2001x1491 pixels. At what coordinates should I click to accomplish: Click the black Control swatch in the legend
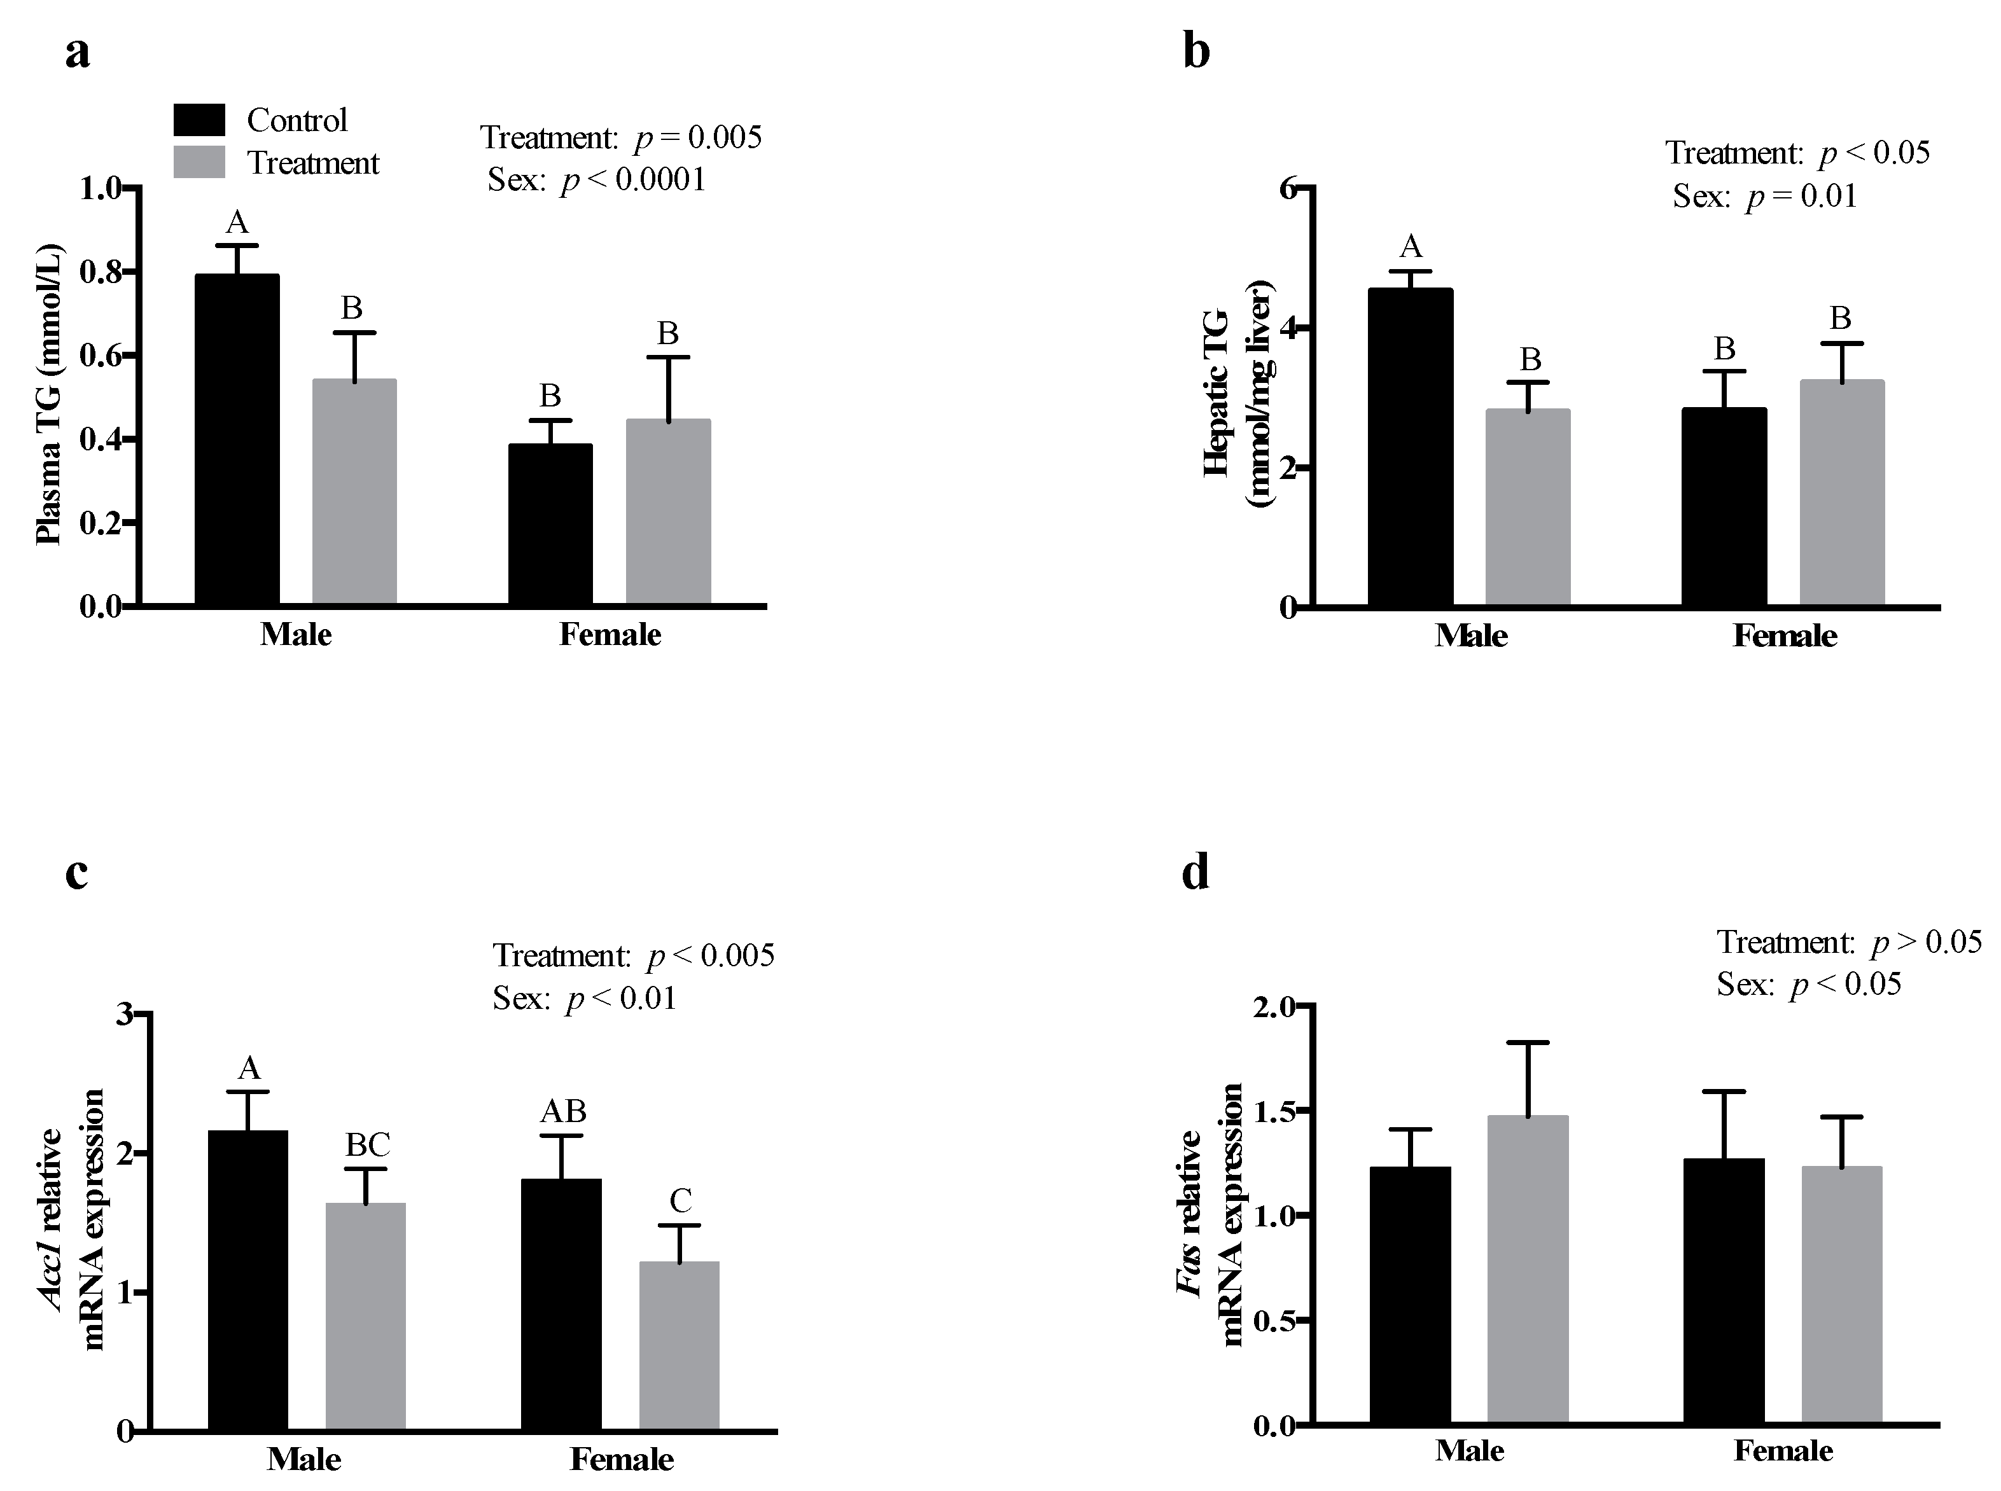(x=199, y=120)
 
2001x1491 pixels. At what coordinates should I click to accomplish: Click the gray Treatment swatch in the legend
(x=199, y=162)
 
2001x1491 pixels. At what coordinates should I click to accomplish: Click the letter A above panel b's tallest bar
(x=1410, y=246)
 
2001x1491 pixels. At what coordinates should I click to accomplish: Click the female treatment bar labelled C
(x=679, y=1345)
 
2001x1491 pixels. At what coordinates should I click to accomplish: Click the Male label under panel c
(x=303, y=1459)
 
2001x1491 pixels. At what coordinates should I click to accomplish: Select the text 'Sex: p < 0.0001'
(x=597, y=179)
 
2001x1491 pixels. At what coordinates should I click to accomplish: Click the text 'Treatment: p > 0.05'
(x=1848, y=942)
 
